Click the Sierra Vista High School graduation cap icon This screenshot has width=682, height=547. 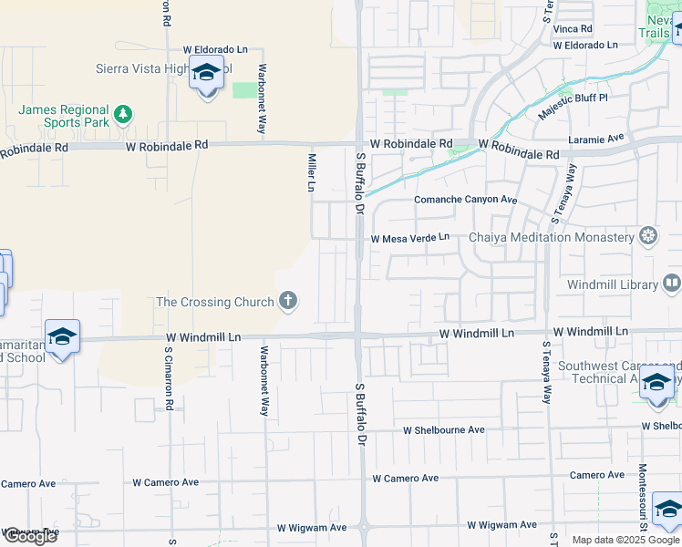(x=207, y=72)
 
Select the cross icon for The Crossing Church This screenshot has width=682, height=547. (x=288, y=301)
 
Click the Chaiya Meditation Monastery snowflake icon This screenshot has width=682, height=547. (x=648, y=237)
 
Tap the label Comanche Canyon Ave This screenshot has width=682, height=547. (x=465, y=200)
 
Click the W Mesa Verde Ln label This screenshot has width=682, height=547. (x=409, y=238)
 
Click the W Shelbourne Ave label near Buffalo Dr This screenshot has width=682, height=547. (x=444, y=429)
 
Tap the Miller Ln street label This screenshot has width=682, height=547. (x=312, y=171)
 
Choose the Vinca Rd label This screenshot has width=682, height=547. (x=573, y=29)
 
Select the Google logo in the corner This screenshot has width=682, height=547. (x=30, y=536)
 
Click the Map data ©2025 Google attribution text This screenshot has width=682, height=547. (x=625, y=540)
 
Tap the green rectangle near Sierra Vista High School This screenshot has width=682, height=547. (x=244, y=90)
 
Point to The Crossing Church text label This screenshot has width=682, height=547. (x=215, y=302)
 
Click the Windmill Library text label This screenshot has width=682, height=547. (x=612, y=285)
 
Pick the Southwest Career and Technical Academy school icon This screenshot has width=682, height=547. (x=656, y=383)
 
